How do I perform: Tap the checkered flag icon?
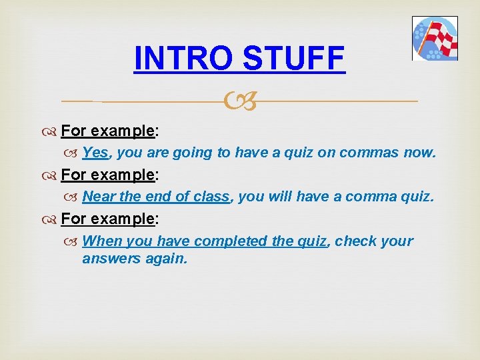click(435, 39)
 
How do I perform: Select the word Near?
click(99, 197)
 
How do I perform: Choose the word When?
click(101, 241)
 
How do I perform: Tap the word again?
click(167, 258)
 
